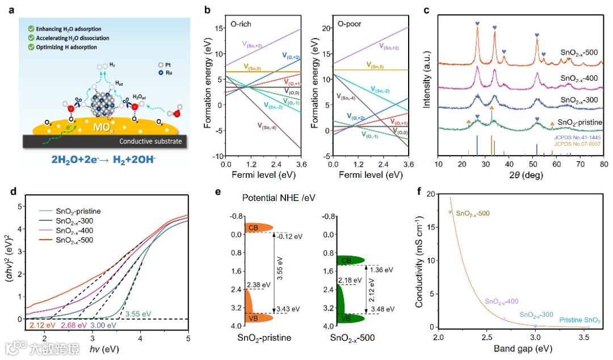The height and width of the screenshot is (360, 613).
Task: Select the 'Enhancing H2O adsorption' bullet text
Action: (64, 28)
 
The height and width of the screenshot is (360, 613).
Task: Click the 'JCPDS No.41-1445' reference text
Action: (577, 137)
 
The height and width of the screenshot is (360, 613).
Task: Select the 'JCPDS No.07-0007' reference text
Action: (577, 144)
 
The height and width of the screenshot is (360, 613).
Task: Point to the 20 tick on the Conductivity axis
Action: (432, 194)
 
